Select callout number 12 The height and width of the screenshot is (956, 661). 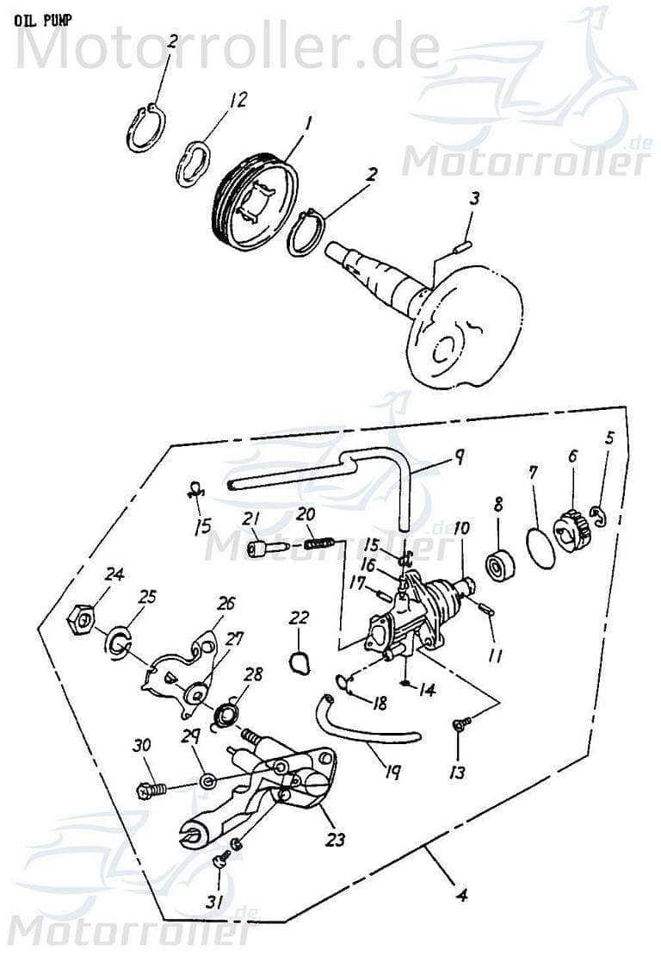pos(238,100)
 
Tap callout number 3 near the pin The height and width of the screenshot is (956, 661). pos(475,199)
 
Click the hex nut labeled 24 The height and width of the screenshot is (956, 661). pos(82,616)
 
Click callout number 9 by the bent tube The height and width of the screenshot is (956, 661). pos(460,456)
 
